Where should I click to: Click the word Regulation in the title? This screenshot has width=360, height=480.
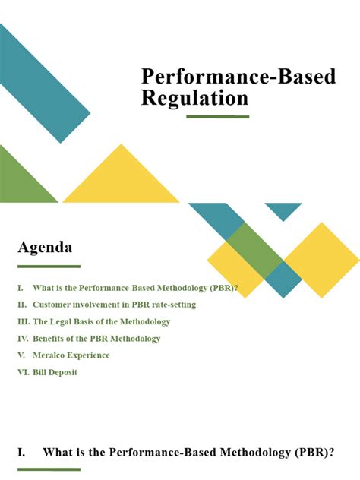pyautogui.click(x=194, y=98)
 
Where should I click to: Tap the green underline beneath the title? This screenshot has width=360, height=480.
pyautogui.click(x=218, y=117)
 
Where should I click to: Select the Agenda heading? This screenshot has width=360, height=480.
pyautogui.click(x=45, y=248)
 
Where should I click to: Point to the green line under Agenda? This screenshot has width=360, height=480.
pyautogui.click(x=49, y=267)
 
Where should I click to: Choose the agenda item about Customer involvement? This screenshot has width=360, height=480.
pyautogui.click(x=114, y=305)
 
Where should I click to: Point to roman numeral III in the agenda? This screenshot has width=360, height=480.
pyautogui.click(x=24, y=321)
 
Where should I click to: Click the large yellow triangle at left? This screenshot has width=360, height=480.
pyautogui.click(x=122, y=182)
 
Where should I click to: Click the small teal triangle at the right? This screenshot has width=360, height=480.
pyautogui.click(x=283, y=209)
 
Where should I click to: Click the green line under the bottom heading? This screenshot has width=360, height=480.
pyautogui.click(x=49, y=469)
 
